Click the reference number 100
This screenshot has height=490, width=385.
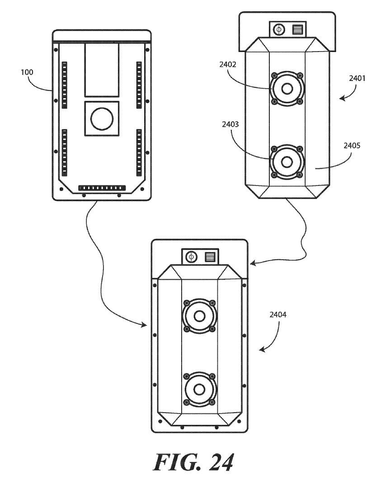point(27,72)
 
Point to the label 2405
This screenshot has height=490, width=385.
point(352,146)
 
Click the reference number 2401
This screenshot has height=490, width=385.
point(357,78)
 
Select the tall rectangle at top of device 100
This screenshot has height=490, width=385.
point(102,70)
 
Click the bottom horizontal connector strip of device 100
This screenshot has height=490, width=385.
point(102,187)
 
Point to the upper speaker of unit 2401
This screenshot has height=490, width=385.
point(286,89)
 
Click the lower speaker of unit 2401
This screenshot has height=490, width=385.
point(286,162)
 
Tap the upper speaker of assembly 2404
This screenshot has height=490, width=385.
point(199,315)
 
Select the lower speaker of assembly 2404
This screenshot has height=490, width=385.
point(199,389)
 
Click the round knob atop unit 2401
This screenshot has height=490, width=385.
point(279,31)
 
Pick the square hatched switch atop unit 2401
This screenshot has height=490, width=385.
point(296,31)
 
